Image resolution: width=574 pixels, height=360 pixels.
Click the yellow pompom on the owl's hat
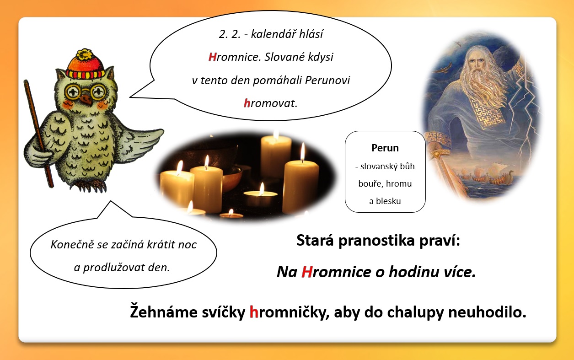(x=85, y=54)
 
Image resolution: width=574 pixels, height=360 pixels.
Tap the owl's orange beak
(x=86, y=99)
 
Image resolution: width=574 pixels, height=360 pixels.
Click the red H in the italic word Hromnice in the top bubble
(x=212, y=57)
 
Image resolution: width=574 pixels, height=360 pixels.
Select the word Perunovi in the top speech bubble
(x=327, y=81)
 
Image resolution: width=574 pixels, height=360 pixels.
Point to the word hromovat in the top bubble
(x=270, y=103)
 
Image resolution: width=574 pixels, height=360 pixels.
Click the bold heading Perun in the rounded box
(x=385, y=148)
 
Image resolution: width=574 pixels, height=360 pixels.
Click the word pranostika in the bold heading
(x=376, y=241)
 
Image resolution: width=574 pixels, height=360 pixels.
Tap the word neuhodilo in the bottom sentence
(x=487, y=312)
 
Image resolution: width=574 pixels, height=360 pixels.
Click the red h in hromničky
(x=254, y=312)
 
